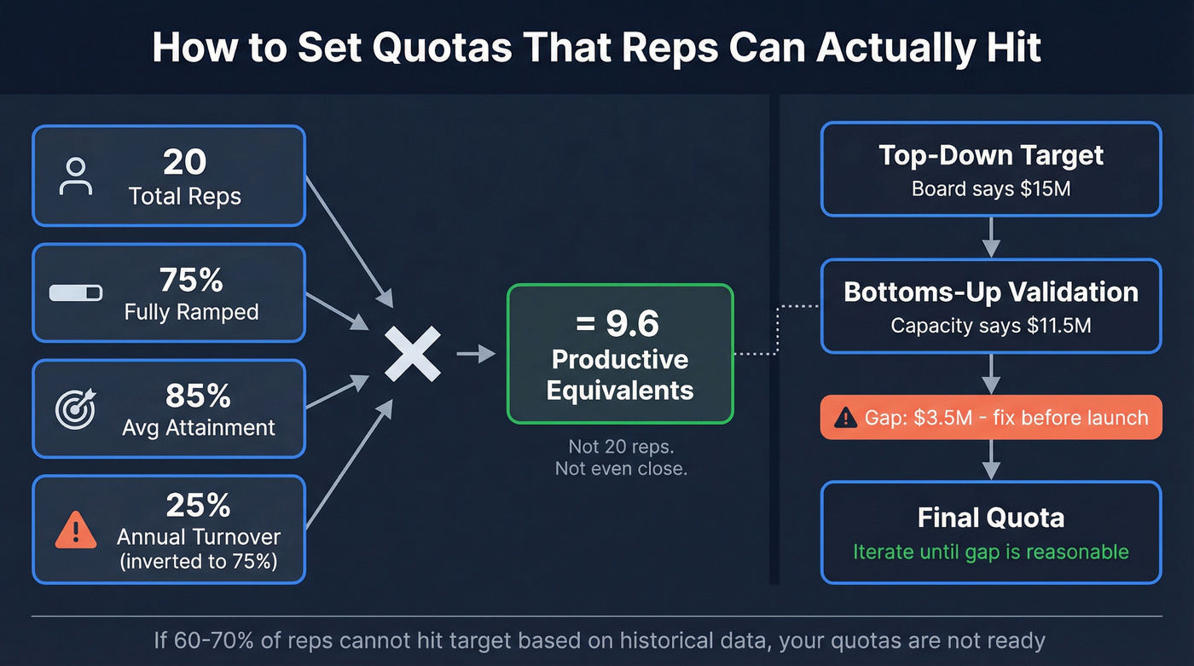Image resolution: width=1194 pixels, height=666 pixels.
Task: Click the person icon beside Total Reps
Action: pyautogui.click(x=76, y=176)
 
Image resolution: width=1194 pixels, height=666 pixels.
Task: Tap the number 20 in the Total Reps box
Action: pyautogui.click(x=184, y=162)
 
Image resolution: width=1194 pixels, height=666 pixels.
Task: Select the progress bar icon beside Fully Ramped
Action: pyautogui.click(x=76, y=292)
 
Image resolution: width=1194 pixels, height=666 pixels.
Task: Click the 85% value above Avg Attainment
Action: pyautogui.click(x=198, y=396)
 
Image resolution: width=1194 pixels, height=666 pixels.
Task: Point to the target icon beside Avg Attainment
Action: pyautogui.click(x=76, y=408)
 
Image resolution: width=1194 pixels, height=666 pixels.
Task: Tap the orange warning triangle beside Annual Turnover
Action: pyautogui.click(x=76, y=530)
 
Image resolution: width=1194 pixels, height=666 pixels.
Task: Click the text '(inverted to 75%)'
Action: pyautogui.click(x=198, y=562)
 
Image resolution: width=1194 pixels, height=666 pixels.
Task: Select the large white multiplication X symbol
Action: pyautogui.click(x=413, y=354)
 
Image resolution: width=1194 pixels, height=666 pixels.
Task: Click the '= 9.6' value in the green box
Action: pyautogui.click(x=620, y=323)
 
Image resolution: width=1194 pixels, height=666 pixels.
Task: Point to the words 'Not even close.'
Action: pyautogui.click(x=620, y=468)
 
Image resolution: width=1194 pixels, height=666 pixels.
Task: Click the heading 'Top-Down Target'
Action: pyautogui.click(x=991, y=155)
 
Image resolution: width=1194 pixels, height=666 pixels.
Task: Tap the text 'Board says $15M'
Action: pyautogui.click(x=991, y=188)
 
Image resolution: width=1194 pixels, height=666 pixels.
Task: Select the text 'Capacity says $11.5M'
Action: pyautogui.click(x=991, y=325)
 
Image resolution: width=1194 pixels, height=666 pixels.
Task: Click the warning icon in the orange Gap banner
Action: pyautogui.click(x=845, y=418)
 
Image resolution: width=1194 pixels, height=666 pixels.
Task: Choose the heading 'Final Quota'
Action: pyautogui.click(x=991, y=518)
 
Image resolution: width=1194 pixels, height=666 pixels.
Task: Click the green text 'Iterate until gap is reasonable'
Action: pyautogui.click(x=991, y=552)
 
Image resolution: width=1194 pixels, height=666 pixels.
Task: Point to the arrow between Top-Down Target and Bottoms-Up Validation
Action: pyautogui.click(x=991, y=237)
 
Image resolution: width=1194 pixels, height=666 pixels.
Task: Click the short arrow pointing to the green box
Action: pyautogui.click(x=476, y=354)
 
